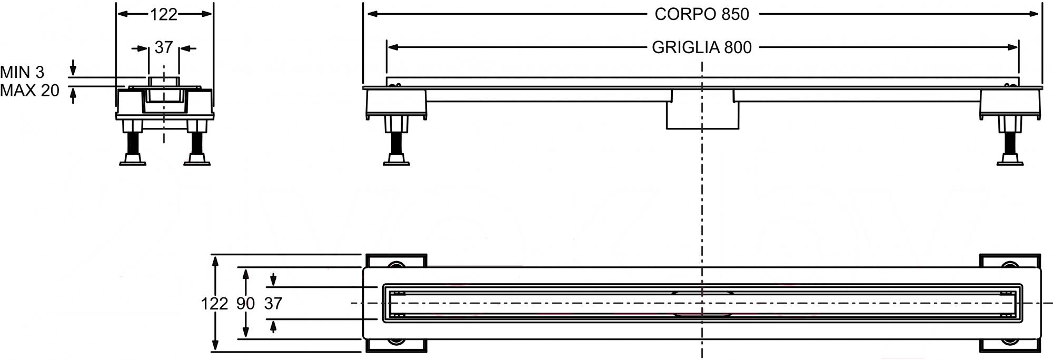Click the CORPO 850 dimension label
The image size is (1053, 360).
click(702, 14)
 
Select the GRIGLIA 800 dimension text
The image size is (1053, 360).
click(702, 47)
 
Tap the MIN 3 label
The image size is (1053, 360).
click(22, 72)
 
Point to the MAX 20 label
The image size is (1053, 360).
click(29, 91)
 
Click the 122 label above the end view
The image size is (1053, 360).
click(164, 15)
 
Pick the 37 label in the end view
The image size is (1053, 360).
click(164, 48)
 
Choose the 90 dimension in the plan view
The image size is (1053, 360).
click(245, 304)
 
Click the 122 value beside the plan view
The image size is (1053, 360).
click(214, 304)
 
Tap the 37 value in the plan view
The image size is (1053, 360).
click(273, 304)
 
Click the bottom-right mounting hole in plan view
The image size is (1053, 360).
click(1010, 342)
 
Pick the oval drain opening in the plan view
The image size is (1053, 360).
click(702, 303)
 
